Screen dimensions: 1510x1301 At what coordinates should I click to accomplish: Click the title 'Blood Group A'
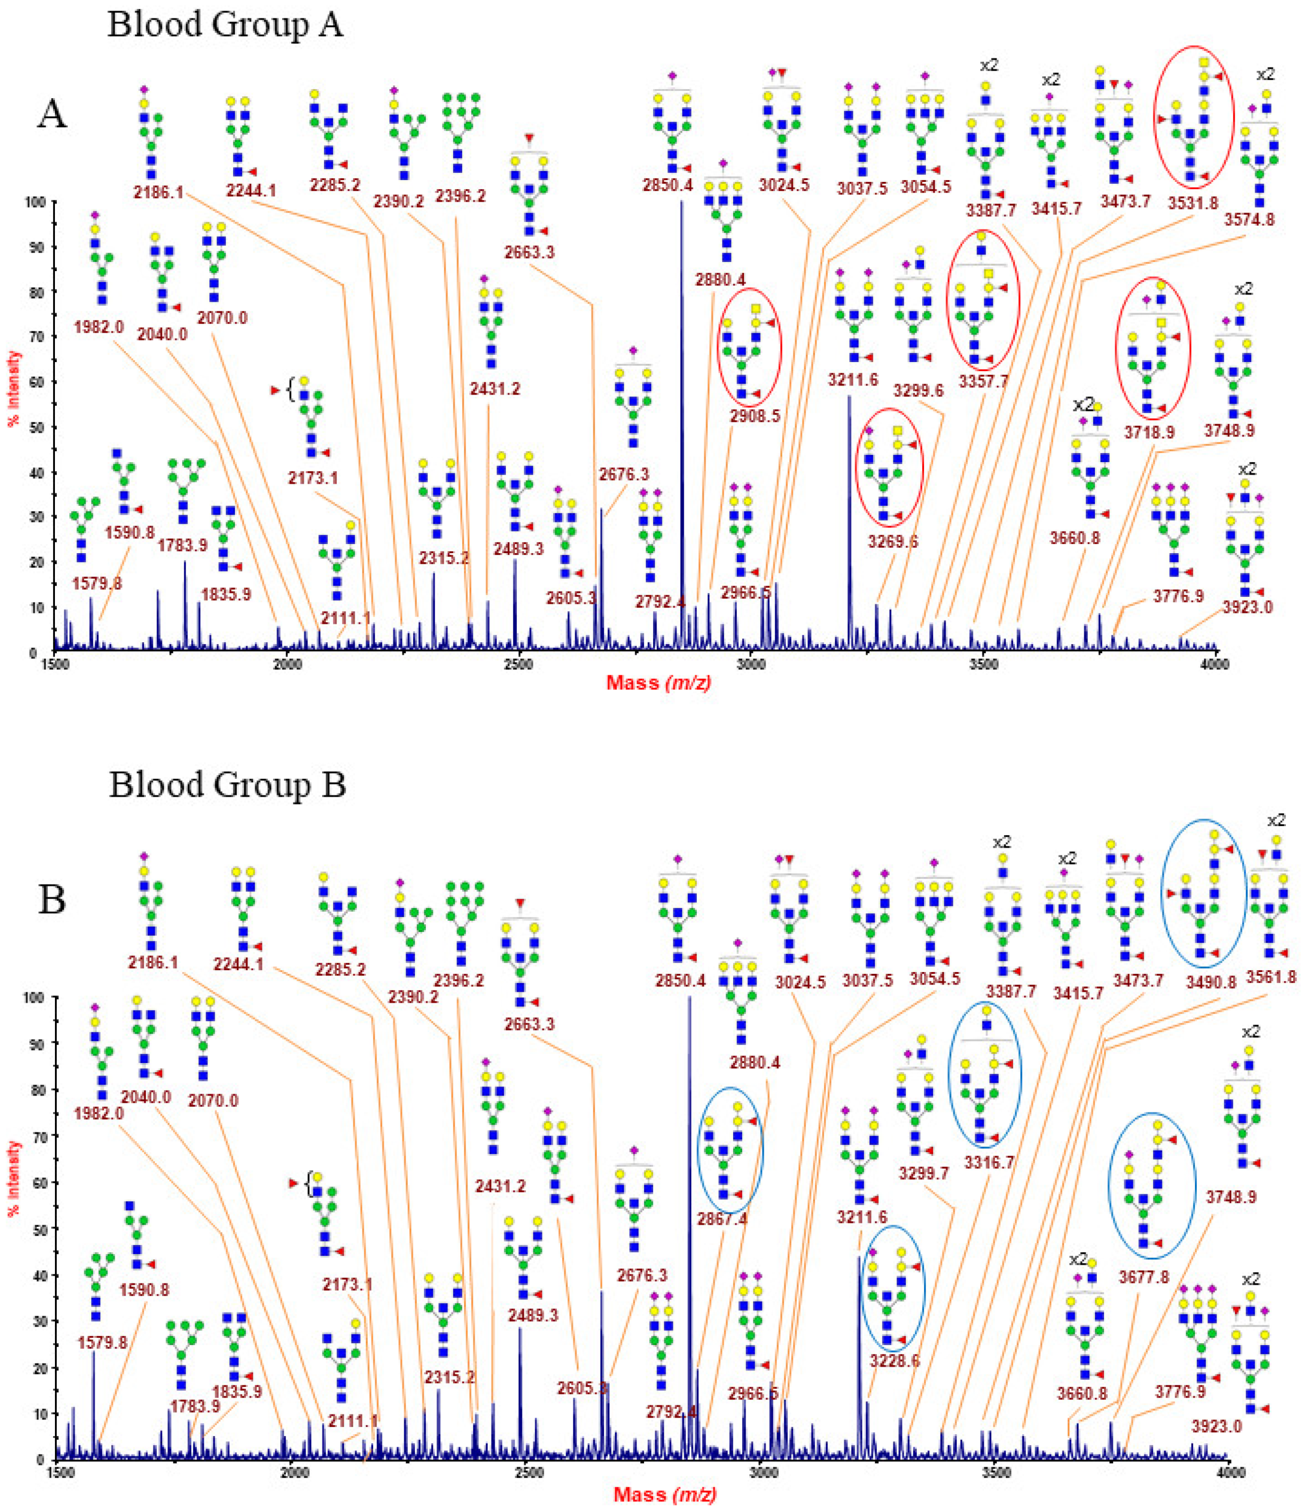pos(224,25)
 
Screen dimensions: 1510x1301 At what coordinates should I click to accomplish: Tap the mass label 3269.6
pos(892,541)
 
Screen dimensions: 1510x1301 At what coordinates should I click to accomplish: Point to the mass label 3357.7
pos(983,381)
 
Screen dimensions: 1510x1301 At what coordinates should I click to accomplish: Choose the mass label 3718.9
pos(1149,432)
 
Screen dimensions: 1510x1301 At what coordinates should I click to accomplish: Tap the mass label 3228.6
pos(894,1360)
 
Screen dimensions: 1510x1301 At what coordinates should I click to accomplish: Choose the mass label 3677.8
pos(1144,1276)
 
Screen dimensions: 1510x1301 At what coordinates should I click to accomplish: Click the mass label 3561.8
pos(1271,976)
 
